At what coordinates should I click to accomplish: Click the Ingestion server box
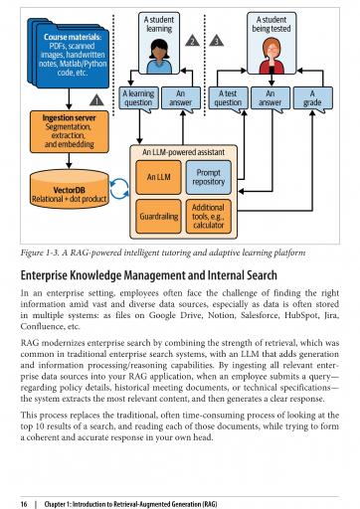coord(69,131)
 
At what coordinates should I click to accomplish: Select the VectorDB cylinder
coord(70,189)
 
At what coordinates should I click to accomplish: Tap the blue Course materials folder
coord(69,54)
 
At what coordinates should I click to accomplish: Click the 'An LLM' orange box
coord(158,177)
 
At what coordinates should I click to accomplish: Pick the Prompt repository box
coord(208,177)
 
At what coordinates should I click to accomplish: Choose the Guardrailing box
coord(158,217)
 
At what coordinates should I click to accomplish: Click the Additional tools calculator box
coord(208,217)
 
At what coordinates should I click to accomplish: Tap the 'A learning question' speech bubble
coord(138,98)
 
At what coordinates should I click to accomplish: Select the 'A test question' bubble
coord(228,98)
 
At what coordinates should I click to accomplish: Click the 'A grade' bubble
coord(312,98)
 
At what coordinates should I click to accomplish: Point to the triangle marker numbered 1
coord(96,100)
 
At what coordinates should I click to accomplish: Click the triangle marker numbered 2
coord(192,41)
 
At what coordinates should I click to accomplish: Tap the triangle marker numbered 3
coord(217,41)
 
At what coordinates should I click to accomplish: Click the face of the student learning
coord(159,51)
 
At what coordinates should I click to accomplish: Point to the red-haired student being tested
coord(271,56)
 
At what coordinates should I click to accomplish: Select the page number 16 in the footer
coord(24,504)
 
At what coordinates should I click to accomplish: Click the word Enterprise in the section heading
coord(44,275)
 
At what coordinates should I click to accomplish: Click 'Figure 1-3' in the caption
coord(40,253)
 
